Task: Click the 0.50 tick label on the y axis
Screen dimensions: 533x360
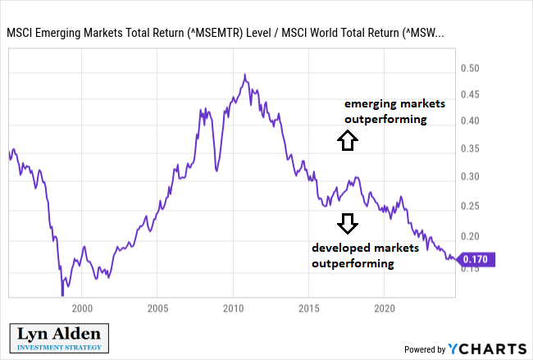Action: pos(470,68)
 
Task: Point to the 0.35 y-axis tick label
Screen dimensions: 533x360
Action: pos(470,148)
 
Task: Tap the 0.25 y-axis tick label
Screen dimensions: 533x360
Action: pos(470,206)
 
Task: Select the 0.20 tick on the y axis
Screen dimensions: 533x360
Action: pos(470,236)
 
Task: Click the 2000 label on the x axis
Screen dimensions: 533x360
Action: pos(82,308)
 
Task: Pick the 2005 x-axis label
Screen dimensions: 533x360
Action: pos(157,308)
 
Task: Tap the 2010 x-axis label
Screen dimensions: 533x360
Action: pos(233,308)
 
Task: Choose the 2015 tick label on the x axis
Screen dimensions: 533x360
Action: pos(309,308)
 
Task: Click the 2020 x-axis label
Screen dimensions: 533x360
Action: pos(385,308)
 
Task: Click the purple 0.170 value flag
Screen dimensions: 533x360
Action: pos(476,259)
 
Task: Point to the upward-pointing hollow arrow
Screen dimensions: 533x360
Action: pos(348,140)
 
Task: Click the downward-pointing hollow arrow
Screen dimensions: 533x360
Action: pos(348,224)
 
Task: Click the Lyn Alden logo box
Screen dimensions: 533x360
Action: pos(59,338)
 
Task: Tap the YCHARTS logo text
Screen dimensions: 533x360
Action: pos(487,349)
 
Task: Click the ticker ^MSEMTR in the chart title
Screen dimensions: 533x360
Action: pos(215,33)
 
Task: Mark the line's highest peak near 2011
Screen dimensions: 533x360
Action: pos(244,75)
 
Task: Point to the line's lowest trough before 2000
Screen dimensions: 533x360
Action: pos(62,295)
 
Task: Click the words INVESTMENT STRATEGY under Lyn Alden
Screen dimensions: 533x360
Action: pos(59,348)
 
